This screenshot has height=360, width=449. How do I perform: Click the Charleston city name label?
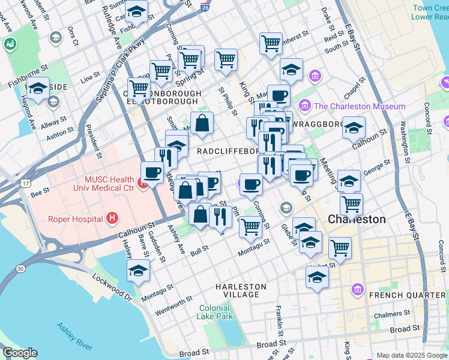357,219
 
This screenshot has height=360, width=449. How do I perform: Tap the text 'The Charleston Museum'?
360,106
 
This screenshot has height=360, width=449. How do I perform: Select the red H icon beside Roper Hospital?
111,219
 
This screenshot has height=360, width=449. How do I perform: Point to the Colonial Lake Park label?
215,312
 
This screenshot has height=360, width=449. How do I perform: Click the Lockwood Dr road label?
111,287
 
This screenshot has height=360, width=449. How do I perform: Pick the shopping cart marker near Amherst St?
271,43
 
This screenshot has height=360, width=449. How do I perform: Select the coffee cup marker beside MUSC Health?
152,173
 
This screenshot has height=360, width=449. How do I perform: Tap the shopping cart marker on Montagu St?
250,227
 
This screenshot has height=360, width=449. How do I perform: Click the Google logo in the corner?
20,353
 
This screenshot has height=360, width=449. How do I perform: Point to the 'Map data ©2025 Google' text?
411,356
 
